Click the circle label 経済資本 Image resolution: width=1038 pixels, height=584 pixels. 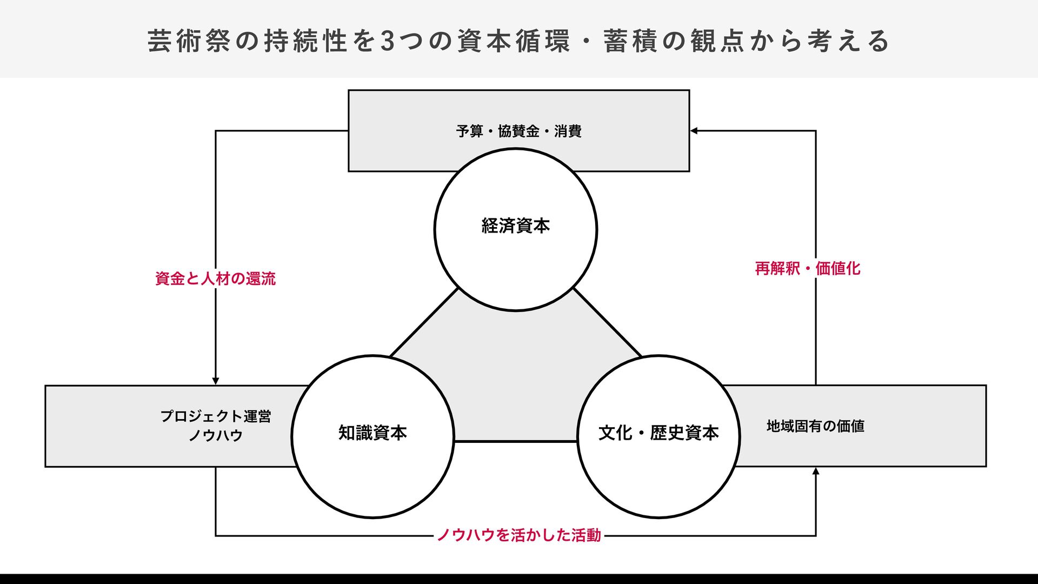(515, 225)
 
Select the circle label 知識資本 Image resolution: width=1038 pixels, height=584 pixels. (372, 433)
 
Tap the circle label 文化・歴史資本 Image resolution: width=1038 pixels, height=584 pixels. (658, 433)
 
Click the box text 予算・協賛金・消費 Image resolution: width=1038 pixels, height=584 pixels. (518, 131)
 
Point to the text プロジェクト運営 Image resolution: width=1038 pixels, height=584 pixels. (216, 416)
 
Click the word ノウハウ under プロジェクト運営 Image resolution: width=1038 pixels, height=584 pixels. (216, 435)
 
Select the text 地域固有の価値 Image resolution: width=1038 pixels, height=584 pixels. (815, 426)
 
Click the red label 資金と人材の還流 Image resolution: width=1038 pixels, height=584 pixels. (215, 278)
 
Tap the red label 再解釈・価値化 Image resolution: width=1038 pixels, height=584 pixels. (807, 268)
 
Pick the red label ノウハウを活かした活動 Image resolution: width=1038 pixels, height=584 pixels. (518, 535)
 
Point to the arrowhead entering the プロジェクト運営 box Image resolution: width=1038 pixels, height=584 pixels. (216, 381)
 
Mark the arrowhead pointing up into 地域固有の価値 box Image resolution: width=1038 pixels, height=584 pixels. (816, 471)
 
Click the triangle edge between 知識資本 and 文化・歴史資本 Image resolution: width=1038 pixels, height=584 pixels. (516, 441)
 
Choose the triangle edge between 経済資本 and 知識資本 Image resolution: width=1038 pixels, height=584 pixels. (424, 322)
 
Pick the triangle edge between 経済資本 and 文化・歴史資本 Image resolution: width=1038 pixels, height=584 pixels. (607, 322)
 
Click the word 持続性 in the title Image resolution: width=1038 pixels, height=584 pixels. (305, 42)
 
